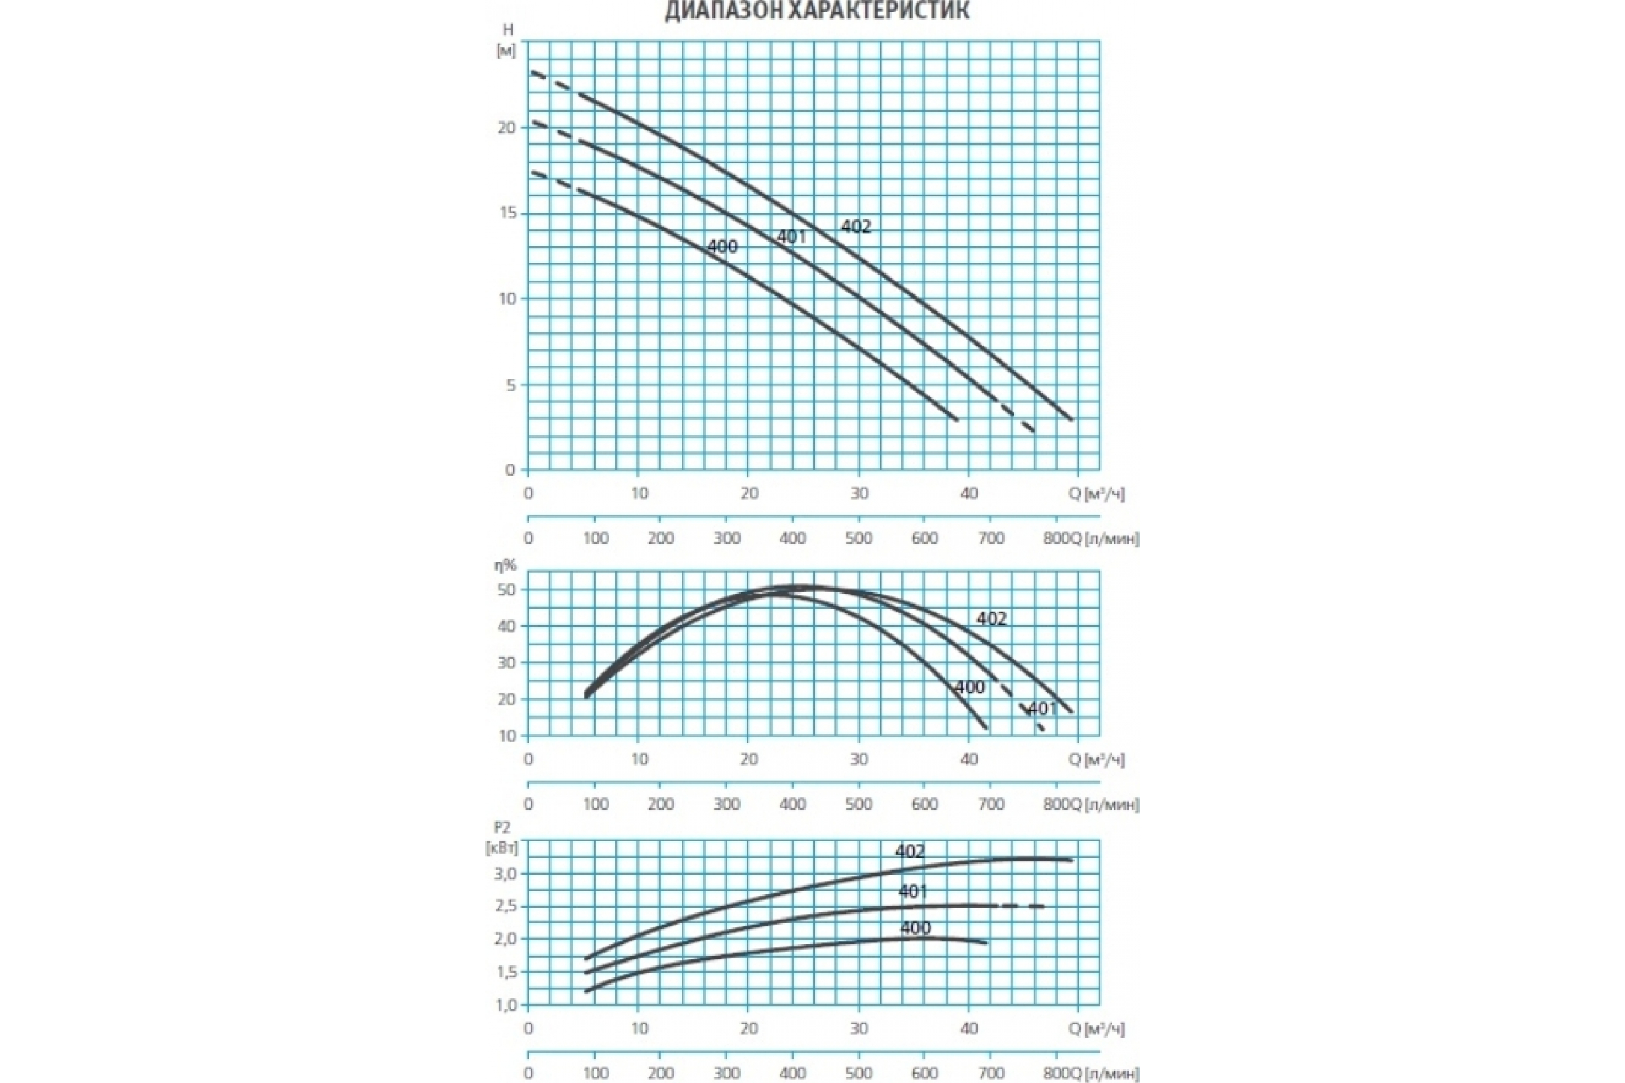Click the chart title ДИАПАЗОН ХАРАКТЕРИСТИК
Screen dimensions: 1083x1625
tap(817, 11)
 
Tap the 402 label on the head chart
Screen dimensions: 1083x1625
tap(856, 226)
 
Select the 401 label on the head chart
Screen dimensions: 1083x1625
tap(791, 237)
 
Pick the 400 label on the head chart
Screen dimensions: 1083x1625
tap(722, 246)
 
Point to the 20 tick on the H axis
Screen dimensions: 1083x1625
tap(507, 127)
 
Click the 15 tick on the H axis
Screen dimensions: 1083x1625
tap(507, 213)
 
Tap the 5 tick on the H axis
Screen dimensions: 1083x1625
tap(511, 384)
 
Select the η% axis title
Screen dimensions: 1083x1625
tap(505, 565)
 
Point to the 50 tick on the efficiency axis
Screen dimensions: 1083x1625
tap(506, 590)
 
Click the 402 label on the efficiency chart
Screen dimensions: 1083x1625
tap(991, 619)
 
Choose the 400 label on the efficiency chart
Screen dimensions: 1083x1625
tap(970, 687)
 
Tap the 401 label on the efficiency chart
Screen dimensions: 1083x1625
tap(1043, 709)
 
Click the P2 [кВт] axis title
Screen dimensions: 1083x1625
tap(502, 837)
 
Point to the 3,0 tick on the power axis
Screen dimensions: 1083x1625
tap(505, 874)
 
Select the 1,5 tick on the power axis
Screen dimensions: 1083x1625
tap(505, 972)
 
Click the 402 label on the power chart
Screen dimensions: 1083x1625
tap(909, 852)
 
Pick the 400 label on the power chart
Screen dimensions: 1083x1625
tap(915, 928)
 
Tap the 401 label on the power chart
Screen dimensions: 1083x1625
tap(913, 891)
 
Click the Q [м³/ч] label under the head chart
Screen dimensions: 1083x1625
tap(1096, 494)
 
